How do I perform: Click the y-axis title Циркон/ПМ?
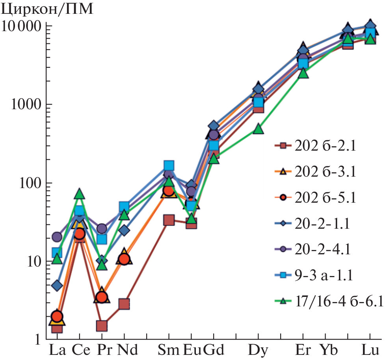pyautogui.click(x=47, y=9)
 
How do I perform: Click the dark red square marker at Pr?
pyautogui.click(x=102, y=326)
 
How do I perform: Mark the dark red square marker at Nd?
pyautogui.click(x=124, y=304)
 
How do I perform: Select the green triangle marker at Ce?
pyautogui.click(x=79, y=194)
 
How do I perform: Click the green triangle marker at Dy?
pyautogui.click(x=258, y=129)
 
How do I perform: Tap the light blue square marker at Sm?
pyautogui.click(x=169, y=165)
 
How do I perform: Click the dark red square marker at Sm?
pyautogui.click(x=169, y=220)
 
